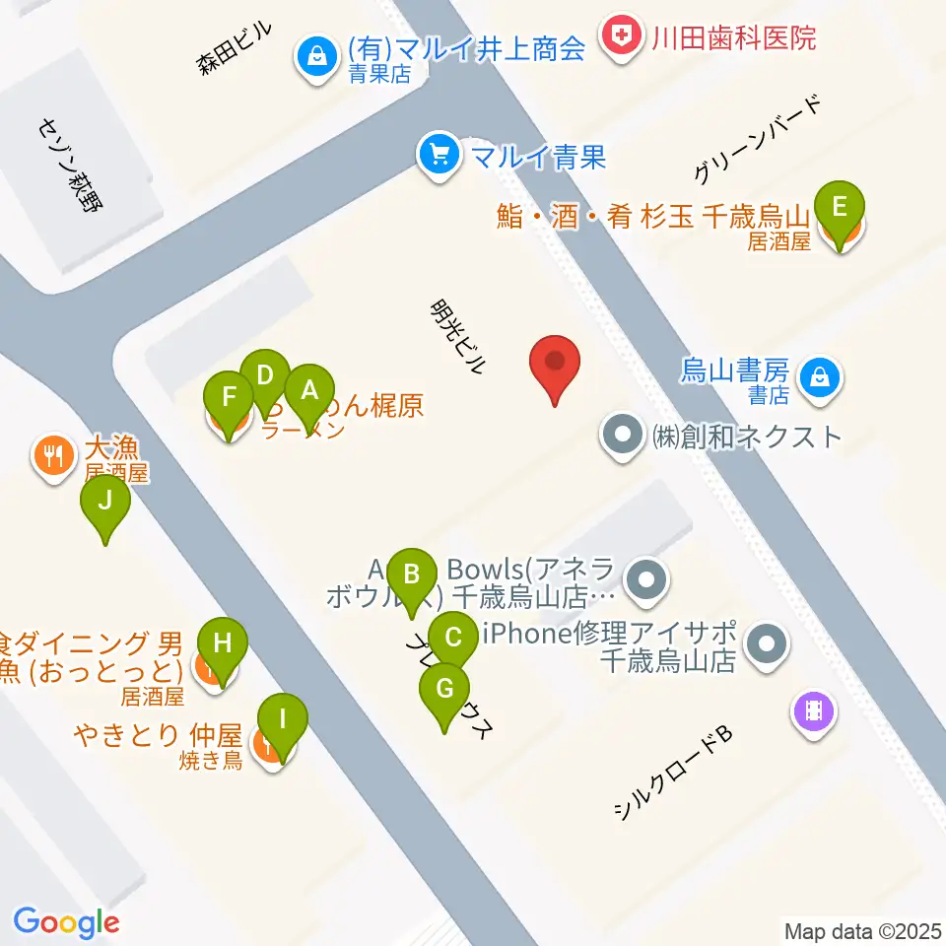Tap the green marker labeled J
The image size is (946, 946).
104,505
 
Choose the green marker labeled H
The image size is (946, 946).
223,646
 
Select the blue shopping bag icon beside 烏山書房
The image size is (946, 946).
818,375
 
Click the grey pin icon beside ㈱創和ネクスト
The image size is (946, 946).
623,435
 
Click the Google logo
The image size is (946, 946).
66,922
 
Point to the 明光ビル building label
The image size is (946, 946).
459,337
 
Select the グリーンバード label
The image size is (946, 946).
757,141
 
